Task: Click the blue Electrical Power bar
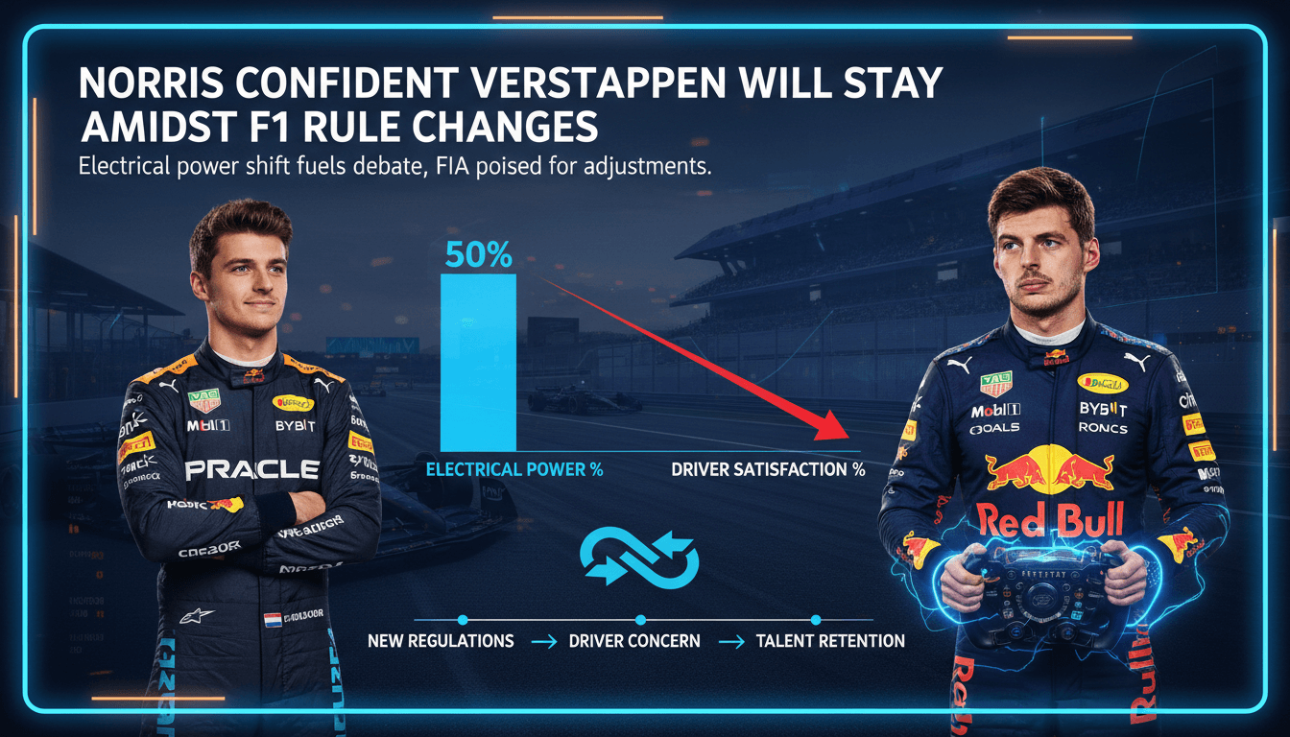click(x=478, y=363)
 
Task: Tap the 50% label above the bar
click(x=478, y=255)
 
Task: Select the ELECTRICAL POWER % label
click(x=514, y=470)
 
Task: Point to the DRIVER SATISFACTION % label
click(x=768, y=470)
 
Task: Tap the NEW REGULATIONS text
click(x=441, y=640)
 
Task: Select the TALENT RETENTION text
click(x=830, y=640)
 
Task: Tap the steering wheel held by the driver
click(x=1042, y=590)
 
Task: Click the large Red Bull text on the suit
click(x=1049, y=519)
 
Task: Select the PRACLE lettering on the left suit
click(x=251, y=470)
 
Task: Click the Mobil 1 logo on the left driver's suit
click(x=208, y=425)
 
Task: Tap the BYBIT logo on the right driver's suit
click(x=1103, y=409)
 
